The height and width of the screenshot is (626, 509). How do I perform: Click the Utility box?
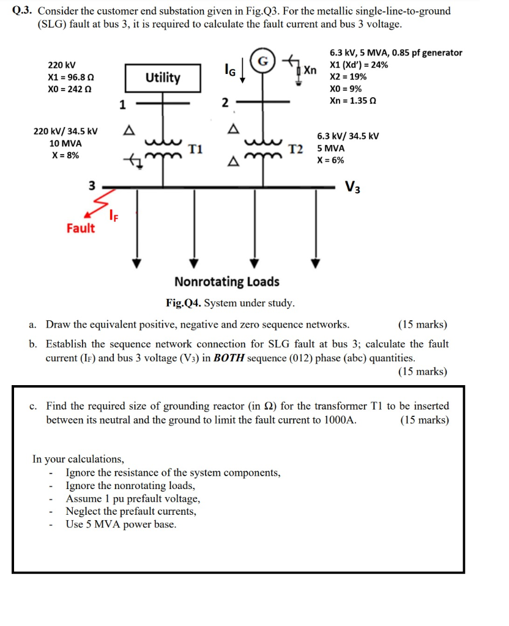pyautogui.click(x=163, y=78)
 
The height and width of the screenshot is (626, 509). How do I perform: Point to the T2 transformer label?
pyautogui.click(x=296, y=149)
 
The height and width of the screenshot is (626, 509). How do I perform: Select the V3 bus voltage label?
pyautogui.click(x=353, y=186)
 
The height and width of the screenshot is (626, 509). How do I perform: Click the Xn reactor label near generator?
pyautogui.click(x=311, y=70)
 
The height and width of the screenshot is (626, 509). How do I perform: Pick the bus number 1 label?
pyautogui.click(x=122, y=105)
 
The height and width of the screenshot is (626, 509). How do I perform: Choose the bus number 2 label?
pyautogui.click(x=225, y=102)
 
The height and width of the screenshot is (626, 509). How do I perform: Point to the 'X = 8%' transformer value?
pyautogui.click(x=64, y=155)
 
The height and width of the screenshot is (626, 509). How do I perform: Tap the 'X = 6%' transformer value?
pyautogui.click(x=330, y=160)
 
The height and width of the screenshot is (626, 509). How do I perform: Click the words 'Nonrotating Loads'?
pyautogui.click(x=227, y=282)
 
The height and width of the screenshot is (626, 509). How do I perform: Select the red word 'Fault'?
pyautogui.click(x=81, y=229)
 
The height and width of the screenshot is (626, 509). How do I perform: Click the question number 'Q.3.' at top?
pyautogui.click(x=23, y=11)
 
